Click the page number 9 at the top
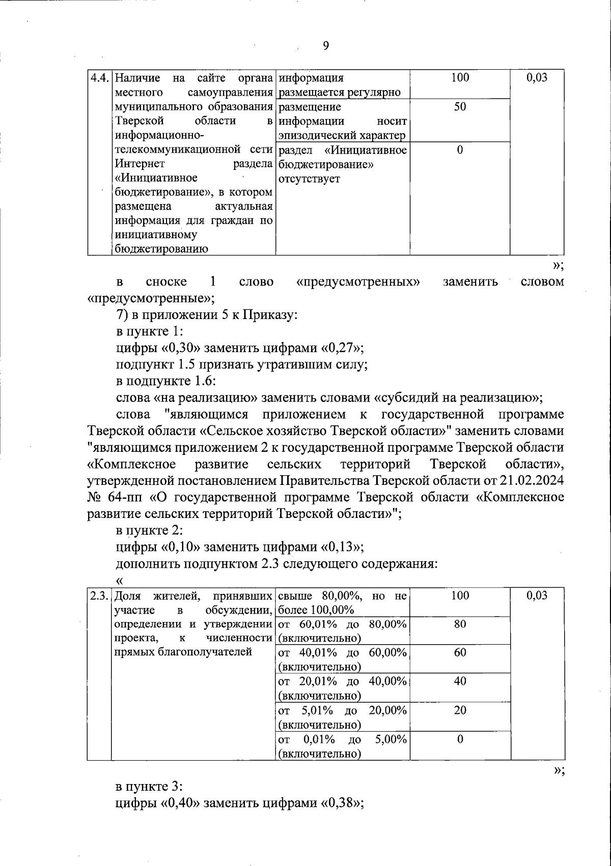[326, 46]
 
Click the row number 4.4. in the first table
[100, 78]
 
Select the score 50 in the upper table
[460, 107]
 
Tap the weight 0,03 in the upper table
[537, 78]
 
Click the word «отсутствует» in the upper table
[309, 179]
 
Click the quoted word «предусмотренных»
[358, 281]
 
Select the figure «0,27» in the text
[340, 349]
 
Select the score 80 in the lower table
[460, 624]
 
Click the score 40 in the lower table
[460, 681]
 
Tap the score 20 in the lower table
[460, 710]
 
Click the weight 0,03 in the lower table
[537, 596]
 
